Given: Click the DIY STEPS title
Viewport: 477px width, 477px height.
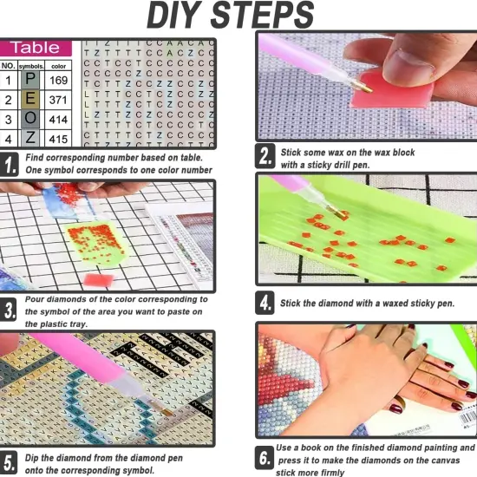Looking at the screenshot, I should [230, 16].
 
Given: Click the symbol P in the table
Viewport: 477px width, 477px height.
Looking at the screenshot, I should [30, 81].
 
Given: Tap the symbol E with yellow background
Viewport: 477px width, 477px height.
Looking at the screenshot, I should [30, 101].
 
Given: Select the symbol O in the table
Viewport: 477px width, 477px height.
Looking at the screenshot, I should [30, 120].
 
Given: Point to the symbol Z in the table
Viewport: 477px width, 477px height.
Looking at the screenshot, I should [30, 139].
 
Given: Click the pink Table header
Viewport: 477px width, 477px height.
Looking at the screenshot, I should [36, 48].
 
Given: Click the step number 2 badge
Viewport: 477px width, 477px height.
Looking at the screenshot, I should [265, 157].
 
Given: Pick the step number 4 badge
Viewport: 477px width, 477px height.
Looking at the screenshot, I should [265, 304].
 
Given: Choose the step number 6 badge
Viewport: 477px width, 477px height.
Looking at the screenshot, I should [265, 457].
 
